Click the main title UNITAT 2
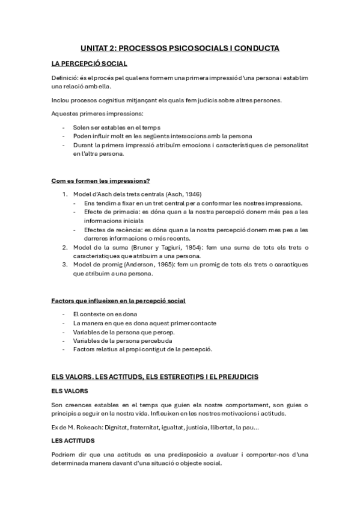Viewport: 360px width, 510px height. [x=179, y=48]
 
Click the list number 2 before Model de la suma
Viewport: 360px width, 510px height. [x=65, y=247]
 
